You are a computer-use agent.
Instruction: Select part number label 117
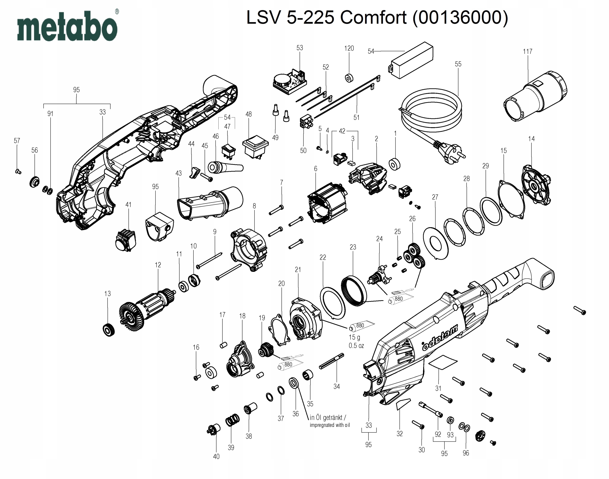(527, 52)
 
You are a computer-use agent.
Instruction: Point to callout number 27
(435, 197)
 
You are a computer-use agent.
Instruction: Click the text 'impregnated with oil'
(330, 425)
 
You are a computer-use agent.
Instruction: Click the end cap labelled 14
(536, 185)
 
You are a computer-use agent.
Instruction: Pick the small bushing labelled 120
(349, 78)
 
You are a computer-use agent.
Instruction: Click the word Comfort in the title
(373, 18)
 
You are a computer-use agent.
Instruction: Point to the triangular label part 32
(403, 404)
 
